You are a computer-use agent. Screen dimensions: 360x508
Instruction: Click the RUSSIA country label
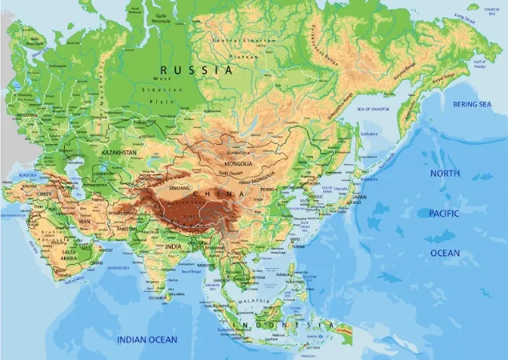pos(195,70)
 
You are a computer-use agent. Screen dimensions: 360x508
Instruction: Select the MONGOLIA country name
pos(238,163)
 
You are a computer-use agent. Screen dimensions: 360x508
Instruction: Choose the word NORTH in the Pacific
pos(445,174)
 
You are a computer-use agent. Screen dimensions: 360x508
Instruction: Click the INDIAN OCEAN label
pos(147,340)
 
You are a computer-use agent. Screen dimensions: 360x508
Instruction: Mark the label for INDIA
pos(174,247)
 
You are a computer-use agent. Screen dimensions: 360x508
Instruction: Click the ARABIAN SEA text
pos(119,268)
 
